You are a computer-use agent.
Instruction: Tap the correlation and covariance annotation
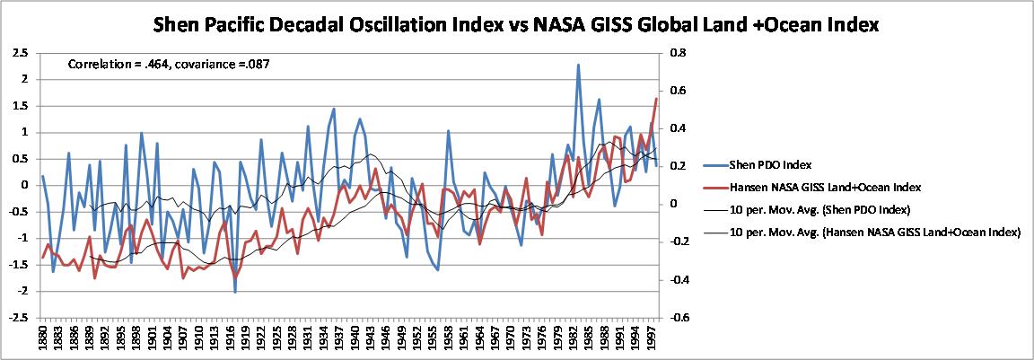click(x=170, y=65)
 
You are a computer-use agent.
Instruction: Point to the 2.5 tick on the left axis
click(x=19, y=53)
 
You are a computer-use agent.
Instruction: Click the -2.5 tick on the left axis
click(x=17, y=318)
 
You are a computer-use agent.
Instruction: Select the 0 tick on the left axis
click(x=23, y=185)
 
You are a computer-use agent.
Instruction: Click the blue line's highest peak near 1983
click(x=578, y=65)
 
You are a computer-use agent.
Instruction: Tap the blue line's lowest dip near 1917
click(x=235, y=292)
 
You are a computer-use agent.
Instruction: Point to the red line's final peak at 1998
click(x=656, y=98)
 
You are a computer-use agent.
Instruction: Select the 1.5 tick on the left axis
click(x=19, y=106)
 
